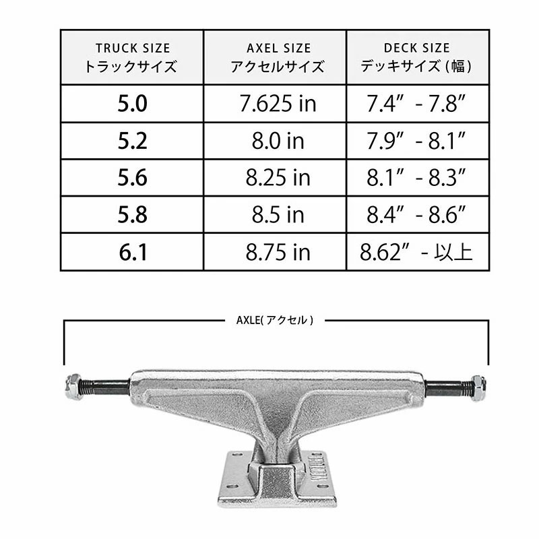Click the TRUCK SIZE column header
coord(132,57)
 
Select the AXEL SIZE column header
coord(275,57)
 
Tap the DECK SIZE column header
coord(418,57)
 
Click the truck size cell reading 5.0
coord(132,103)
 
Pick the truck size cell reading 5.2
coord(132,141)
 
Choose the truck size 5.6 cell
coord(132,178)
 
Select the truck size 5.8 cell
coord(132,215)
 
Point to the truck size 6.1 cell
coord(132,252)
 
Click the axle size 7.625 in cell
coord(275,103)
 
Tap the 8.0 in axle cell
coord(275,141)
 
